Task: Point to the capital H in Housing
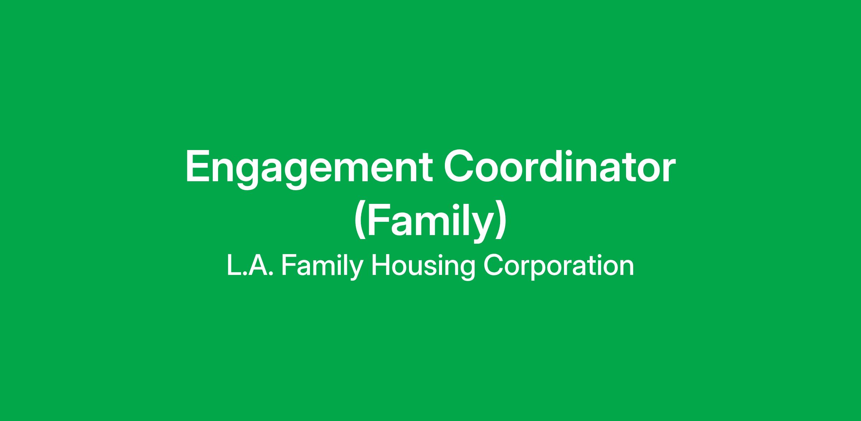(x=380, y=266)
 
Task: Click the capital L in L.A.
(x=234, y=266)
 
